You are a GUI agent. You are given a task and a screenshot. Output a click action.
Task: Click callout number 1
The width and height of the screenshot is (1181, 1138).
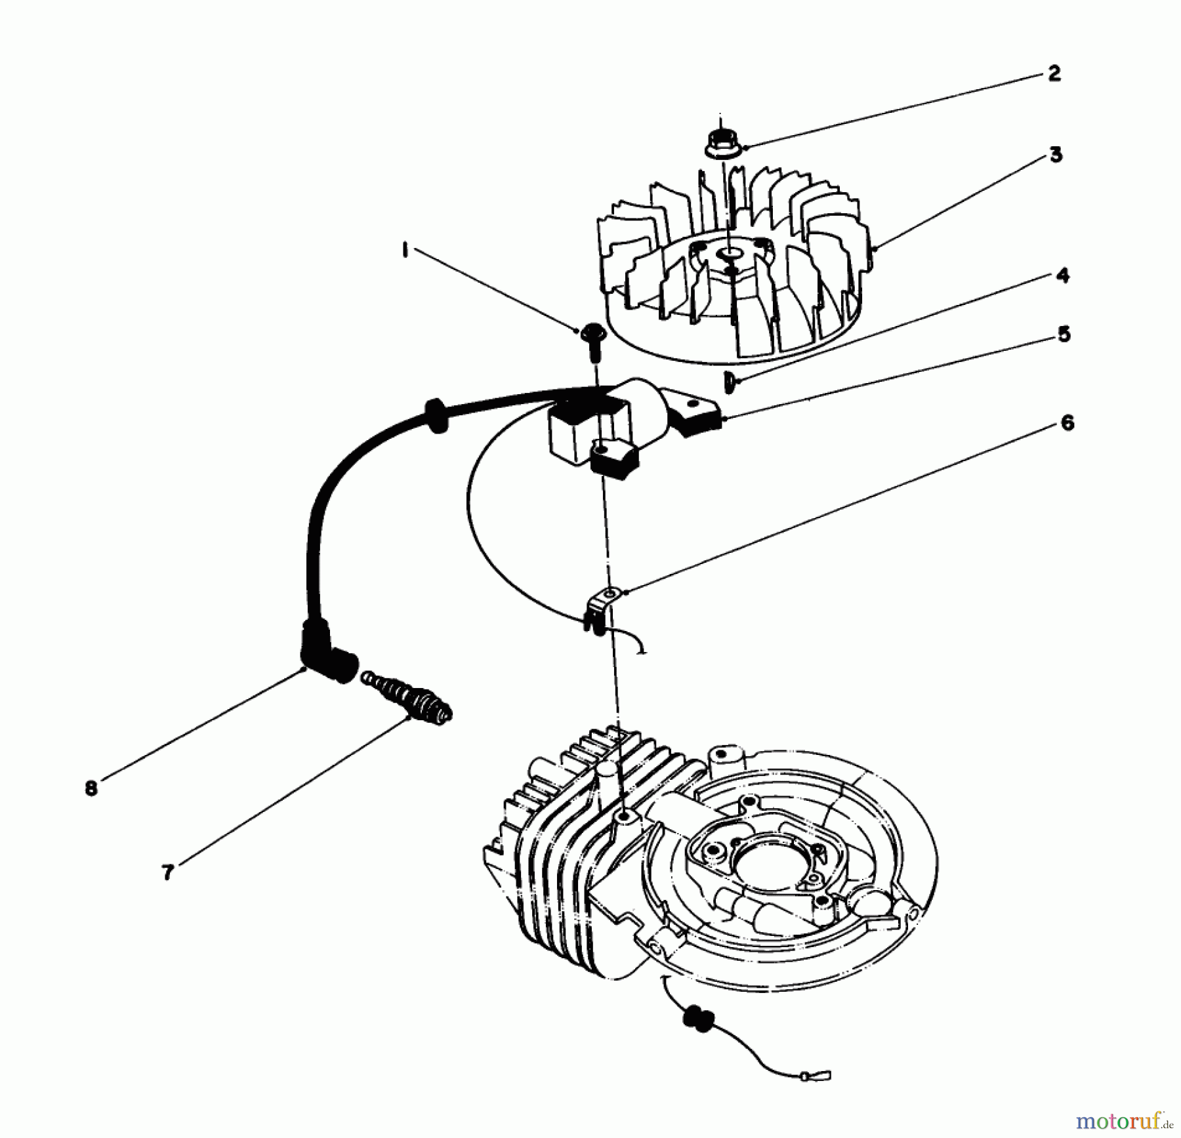tap(405, 251)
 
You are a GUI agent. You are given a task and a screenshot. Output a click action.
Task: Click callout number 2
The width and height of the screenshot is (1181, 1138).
tap(1054, 73)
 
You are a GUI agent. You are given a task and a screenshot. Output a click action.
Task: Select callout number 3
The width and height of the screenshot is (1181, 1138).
tap(1056, 155)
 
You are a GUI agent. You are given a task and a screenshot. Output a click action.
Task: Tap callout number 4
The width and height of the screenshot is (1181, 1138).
tap(1062, 275)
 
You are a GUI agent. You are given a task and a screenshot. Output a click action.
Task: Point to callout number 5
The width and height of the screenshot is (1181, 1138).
tap(1064, 335)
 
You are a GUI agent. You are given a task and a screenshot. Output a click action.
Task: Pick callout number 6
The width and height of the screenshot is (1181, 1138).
tap(1067, 423)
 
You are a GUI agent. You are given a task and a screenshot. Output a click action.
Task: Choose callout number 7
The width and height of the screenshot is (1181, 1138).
tap(168, 872)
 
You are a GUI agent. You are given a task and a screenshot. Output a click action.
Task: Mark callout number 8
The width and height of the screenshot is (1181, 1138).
tap(91, 788)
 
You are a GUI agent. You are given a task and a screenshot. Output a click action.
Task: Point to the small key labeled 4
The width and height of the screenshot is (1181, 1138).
tap(729, 381)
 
